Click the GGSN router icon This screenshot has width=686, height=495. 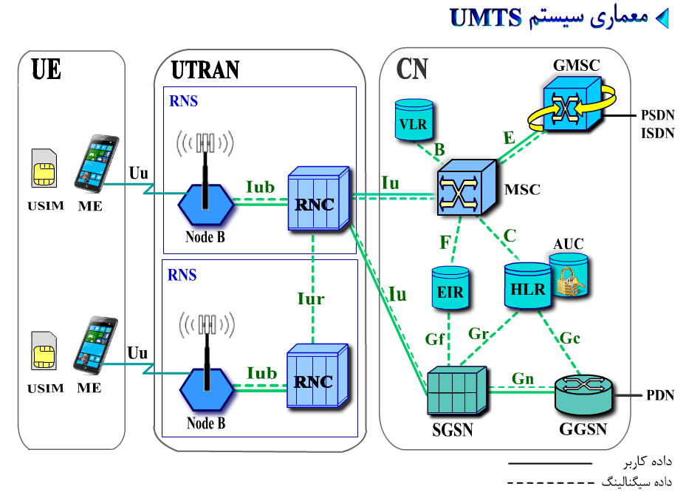(585, 396)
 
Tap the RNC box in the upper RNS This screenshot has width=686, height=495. (317, 199)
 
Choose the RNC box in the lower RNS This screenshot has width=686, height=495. (316, 377)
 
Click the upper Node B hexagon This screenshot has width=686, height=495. (206, 207)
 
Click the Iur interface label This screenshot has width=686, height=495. (311, 298)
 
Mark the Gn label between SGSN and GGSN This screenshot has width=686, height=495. (524, 379)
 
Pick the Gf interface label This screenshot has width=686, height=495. (435, 339)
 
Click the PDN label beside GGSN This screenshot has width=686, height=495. (659, 395)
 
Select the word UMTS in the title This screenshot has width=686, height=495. (485, 18)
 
